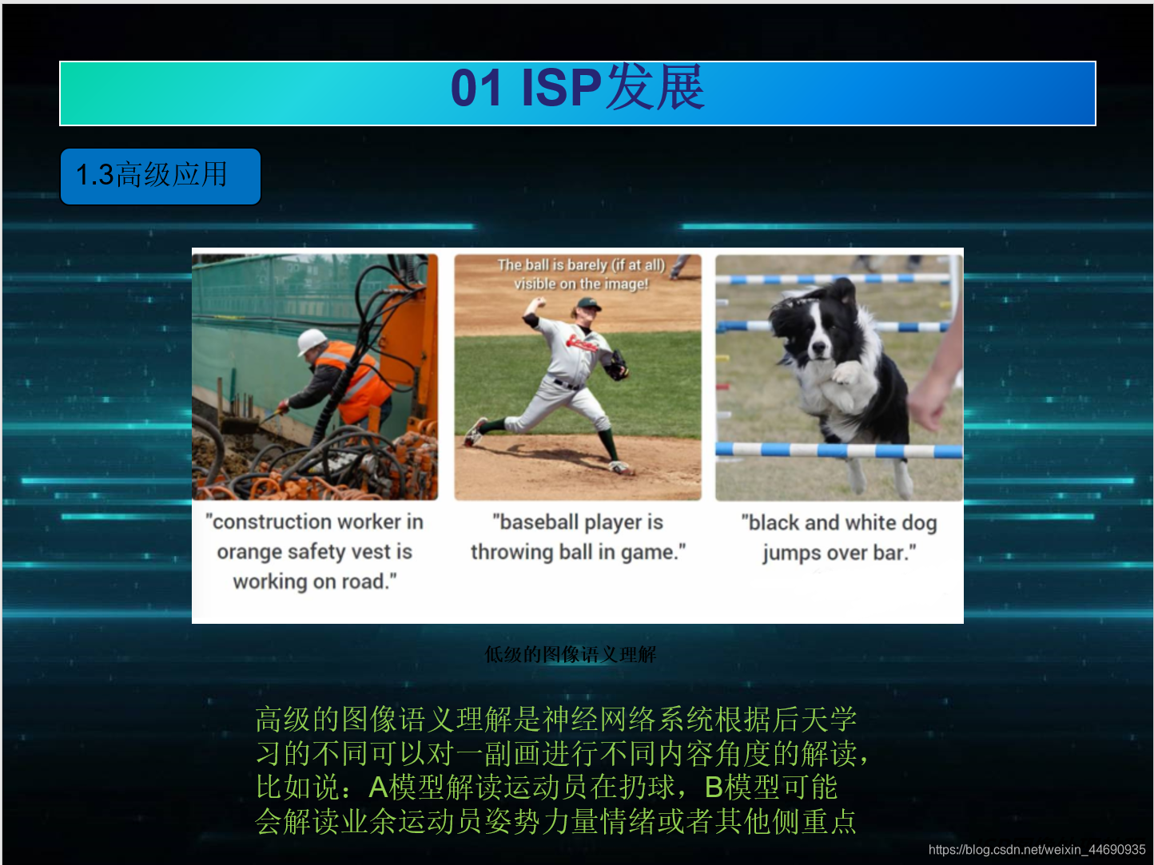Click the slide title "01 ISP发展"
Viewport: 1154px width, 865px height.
click(577, 88)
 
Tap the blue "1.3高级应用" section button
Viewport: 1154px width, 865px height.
click(160, 176)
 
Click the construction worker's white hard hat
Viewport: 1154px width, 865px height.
click(312, 341)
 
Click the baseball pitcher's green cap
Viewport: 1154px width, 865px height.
click(588, 304)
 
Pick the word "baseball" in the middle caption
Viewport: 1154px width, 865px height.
click(538, 522)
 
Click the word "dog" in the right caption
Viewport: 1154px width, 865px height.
click(919, 523)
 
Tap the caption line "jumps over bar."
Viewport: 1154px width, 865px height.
click(838, 553)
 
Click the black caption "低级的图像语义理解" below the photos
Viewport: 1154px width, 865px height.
click(570, 655)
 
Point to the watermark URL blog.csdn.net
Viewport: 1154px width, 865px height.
click(1037, 850)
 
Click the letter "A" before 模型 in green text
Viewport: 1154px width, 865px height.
click(378, 788)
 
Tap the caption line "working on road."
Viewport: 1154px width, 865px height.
click(314, 582)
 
